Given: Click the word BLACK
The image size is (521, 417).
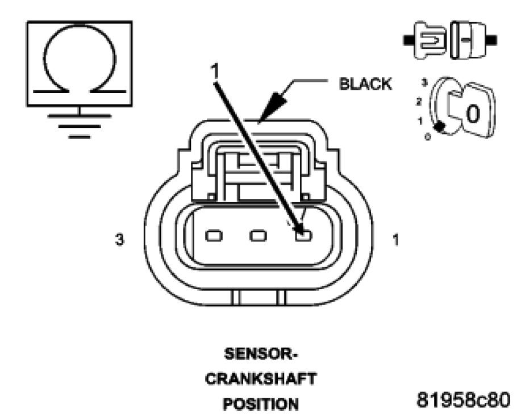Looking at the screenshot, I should (x=365, y=84).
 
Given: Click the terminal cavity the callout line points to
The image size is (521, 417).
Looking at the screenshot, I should (x=303, y=235).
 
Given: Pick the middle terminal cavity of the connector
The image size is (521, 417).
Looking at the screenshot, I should (x=259, y=235).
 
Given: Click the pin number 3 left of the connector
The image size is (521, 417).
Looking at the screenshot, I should (x=119, y=240).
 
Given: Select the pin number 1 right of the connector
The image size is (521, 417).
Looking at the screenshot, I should (x=395, y=240).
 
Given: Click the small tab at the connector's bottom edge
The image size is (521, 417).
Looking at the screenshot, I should (x=259, y=297).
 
